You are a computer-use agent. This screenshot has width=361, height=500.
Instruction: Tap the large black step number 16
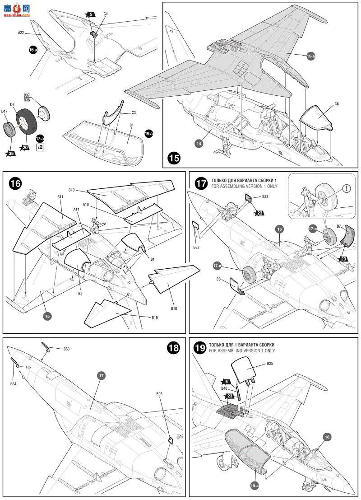[16, 183]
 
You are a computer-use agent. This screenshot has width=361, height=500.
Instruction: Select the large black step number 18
[173, 347]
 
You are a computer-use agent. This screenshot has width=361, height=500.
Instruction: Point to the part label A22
[21, 33]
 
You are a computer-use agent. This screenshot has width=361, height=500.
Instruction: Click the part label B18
[174, 308]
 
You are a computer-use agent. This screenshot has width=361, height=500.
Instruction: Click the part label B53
[66, 349]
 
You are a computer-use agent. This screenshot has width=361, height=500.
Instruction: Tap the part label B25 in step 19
[270, 363]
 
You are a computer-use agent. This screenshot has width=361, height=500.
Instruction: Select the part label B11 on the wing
[60, 197]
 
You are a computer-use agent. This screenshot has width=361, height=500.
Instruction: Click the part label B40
[224, 388]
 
